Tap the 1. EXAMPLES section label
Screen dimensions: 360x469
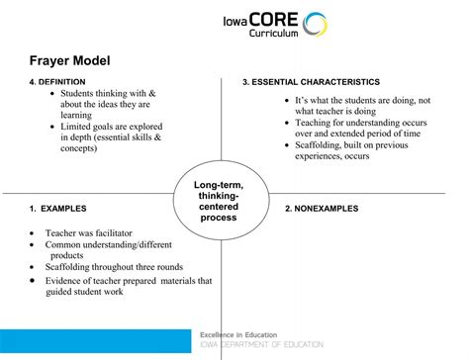56,209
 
